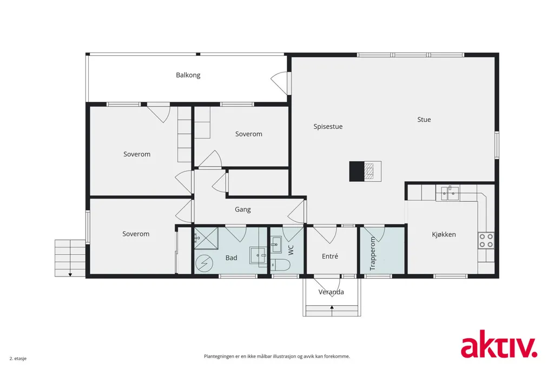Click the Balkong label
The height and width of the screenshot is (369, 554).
coord(188,75)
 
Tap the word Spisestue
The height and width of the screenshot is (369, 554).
coord(328,127)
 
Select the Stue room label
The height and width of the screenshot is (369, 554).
coord(424,120)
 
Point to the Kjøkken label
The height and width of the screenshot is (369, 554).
coord(444,234)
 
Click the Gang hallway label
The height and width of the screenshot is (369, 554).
coord(243,209)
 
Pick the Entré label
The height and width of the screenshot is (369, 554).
coord(330,256)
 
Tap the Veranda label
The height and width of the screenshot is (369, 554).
coord(331,292)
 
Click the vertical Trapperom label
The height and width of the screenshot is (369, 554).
coord(373,254)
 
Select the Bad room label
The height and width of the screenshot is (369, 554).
coord(232,258)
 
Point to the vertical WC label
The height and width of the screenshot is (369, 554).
coord(291,251)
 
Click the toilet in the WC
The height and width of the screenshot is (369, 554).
coord(280,265)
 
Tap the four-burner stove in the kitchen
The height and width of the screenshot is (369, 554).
coord(486,240)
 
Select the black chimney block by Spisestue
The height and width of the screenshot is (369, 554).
coord(357,172)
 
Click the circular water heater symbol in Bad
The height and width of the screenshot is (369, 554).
coord(204,263)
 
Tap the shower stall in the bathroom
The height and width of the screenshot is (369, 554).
coord(206,238)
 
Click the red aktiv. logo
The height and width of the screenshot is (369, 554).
coord(499,344)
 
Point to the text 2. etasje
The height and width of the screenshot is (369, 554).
coord(18,358)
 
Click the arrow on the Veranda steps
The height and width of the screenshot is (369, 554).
coord(332,309)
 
